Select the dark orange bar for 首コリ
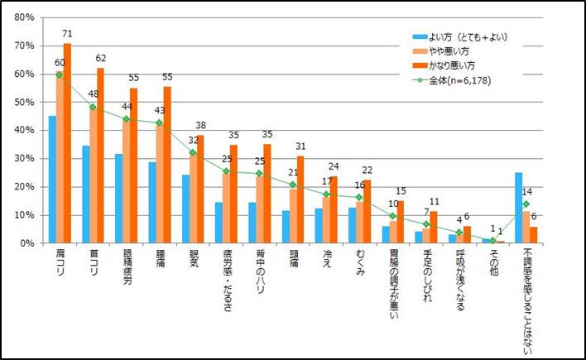(x=100, y=156)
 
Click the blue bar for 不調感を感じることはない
(x=519, y=208)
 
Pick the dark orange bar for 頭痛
(x=300, y=199)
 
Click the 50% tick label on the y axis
(x=23, y=103)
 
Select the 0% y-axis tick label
(x=26, y=243)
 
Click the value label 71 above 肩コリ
(x=67, y=34)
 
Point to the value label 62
(x=101, y=59)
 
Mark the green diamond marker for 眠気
(x=193, y=152)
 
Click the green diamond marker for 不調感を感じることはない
(x=525, y=204)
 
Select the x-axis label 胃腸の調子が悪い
(x=394, y=295)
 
